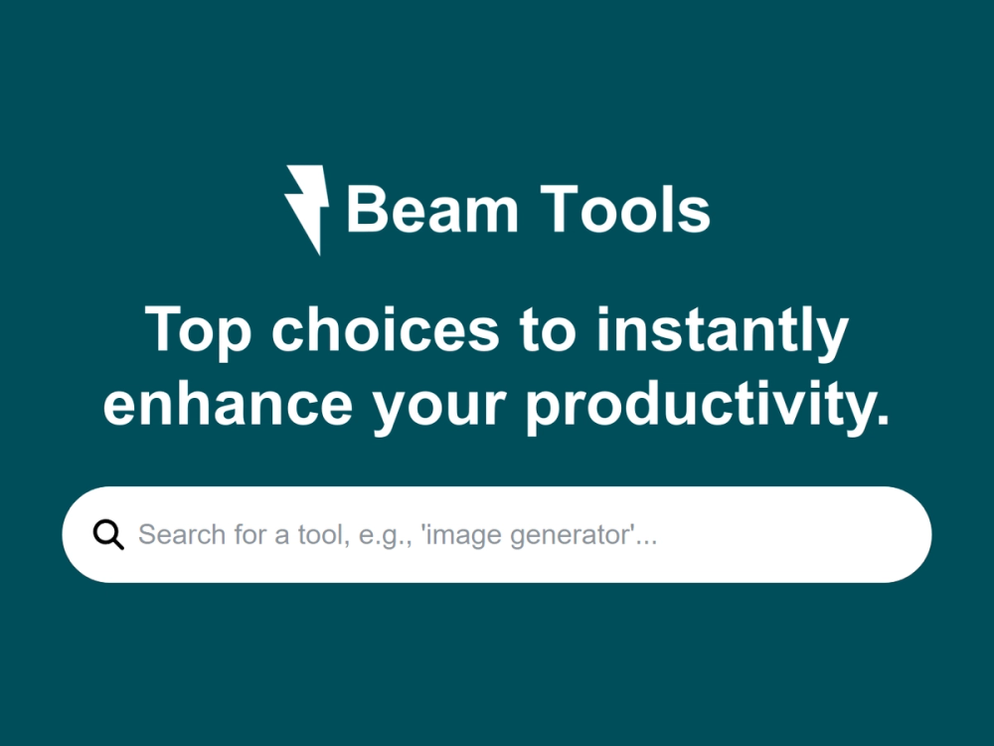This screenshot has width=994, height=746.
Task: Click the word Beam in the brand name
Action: point(432,210)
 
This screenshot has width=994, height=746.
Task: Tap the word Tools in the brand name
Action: point(626,210)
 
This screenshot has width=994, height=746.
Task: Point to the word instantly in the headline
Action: point(722,331)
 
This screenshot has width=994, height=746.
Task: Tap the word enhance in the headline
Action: point(228,405)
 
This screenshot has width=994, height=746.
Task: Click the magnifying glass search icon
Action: point(108,535)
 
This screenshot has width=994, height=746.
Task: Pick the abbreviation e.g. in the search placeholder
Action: point(381,536)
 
